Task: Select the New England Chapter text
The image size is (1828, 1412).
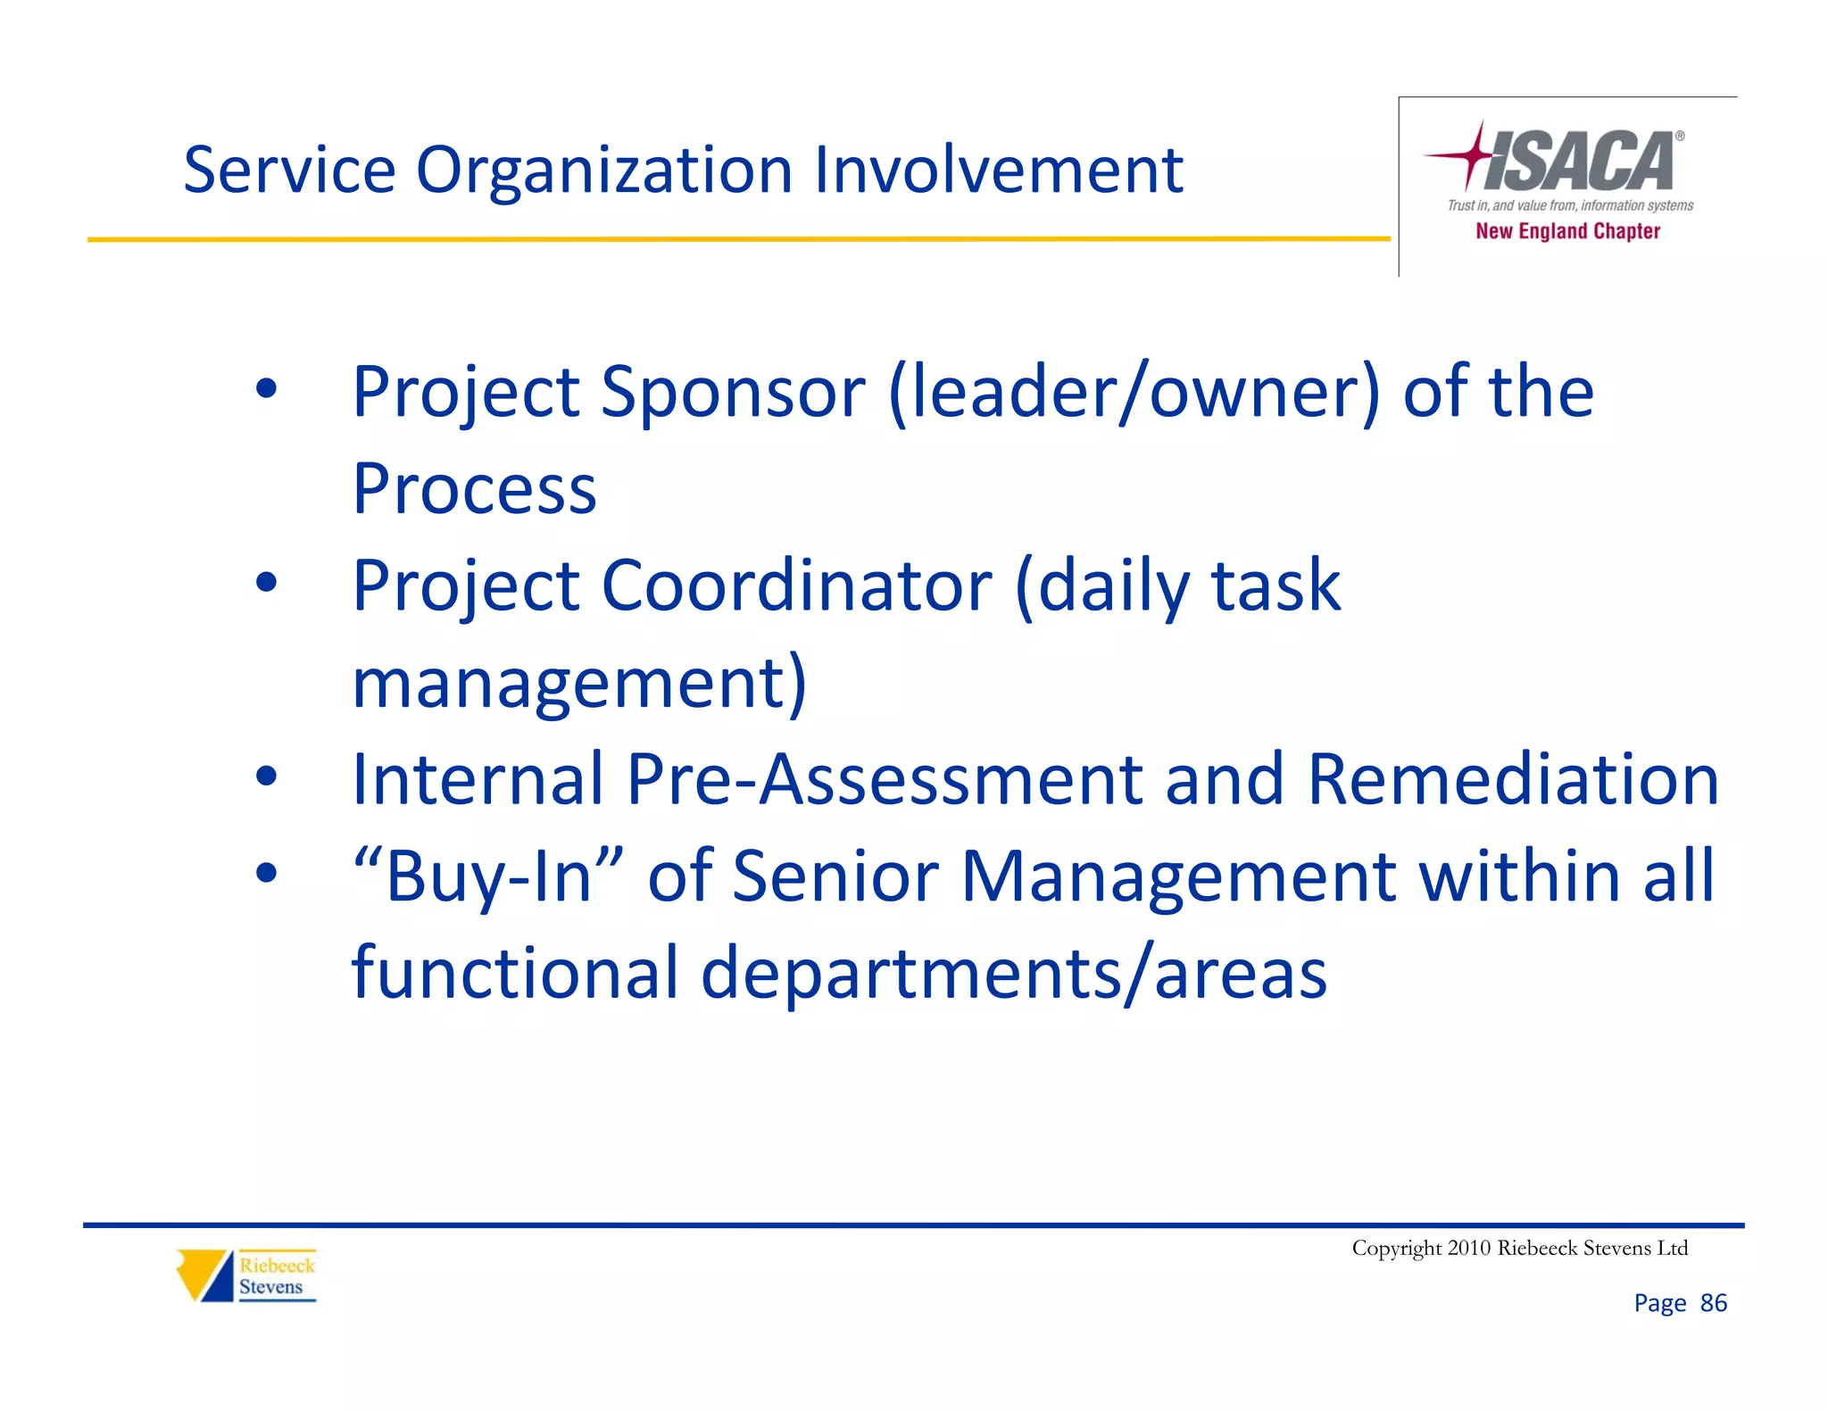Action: coord(1567,231)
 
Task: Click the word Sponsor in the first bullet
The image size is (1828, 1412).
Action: coord(733,393)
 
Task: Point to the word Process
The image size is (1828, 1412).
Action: coord(474,489)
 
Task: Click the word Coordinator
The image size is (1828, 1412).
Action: coord(796,586)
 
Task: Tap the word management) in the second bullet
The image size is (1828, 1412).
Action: coord(579,683)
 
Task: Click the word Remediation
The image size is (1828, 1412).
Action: coord(1512,779)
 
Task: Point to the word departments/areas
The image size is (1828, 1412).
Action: coord(1014,973)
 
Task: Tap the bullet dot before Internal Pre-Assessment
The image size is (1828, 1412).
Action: coord(266,777)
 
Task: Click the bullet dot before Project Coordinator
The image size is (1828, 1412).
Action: coord(266,583)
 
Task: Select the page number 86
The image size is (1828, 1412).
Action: coord(1713,1303)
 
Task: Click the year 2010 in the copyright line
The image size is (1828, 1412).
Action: coord(1468,1248)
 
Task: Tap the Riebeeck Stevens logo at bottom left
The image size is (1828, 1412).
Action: coord(246,1275)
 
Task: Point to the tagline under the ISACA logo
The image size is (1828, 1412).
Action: coord(1569,205)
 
